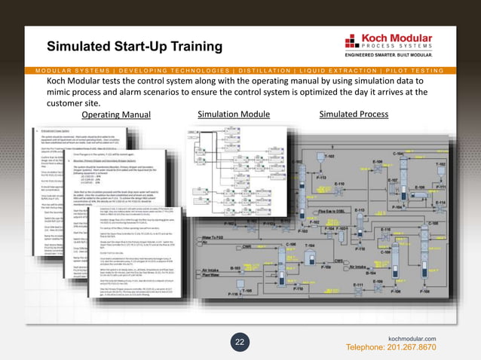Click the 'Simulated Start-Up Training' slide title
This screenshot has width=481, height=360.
(x=135, y=47)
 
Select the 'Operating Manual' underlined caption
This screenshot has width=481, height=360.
(x=116, y=115)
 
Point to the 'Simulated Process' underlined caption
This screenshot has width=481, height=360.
(x=354, y=114)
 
